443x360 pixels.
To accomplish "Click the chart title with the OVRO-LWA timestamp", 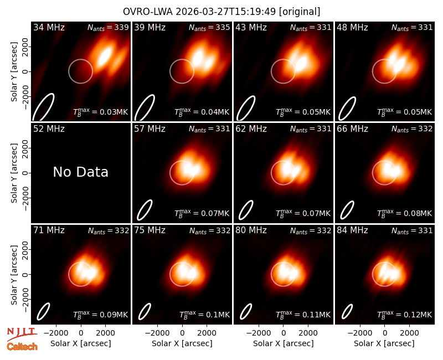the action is tap(221, 12).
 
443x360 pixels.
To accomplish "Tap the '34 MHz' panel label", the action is tap(49, 27).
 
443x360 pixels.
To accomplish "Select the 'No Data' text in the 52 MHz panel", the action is tap(80, 172).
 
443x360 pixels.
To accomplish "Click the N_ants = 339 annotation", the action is tap(108, 27).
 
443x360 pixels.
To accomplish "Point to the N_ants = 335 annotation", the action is tap(209, 27).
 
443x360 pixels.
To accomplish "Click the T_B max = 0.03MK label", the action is tap(101, 112).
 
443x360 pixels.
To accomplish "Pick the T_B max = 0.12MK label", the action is tap(405, 315).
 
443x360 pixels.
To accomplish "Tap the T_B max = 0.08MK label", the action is tap(405, 213).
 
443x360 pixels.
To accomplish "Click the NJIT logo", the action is tap(22, 333).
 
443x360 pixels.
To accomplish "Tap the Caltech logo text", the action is tap(22, 347).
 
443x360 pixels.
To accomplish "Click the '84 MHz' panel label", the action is tap(352, 230).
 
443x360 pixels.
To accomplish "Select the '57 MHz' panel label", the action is tap(150, 129).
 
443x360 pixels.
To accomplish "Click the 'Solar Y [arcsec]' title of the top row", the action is tap(14, 72).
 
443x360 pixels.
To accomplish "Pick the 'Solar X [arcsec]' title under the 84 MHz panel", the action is tap(384, 343).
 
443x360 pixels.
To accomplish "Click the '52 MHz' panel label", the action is tap(49, 129).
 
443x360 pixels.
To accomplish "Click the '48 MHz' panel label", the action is tap(352, 27).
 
